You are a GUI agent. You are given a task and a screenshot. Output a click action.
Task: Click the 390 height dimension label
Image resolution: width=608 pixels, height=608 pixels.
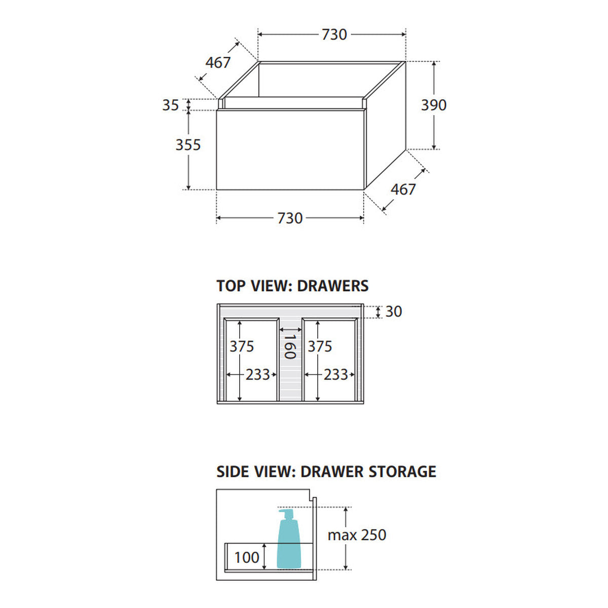434,105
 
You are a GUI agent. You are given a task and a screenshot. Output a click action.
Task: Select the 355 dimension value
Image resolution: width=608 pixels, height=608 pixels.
188,145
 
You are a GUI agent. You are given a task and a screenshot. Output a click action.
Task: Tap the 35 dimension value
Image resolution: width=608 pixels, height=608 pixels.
171,105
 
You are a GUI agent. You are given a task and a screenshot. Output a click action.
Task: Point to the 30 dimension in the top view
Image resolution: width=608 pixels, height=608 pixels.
394,312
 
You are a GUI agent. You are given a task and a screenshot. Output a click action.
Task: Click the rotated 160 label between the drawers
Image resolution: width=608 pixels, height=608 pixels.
290,347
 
